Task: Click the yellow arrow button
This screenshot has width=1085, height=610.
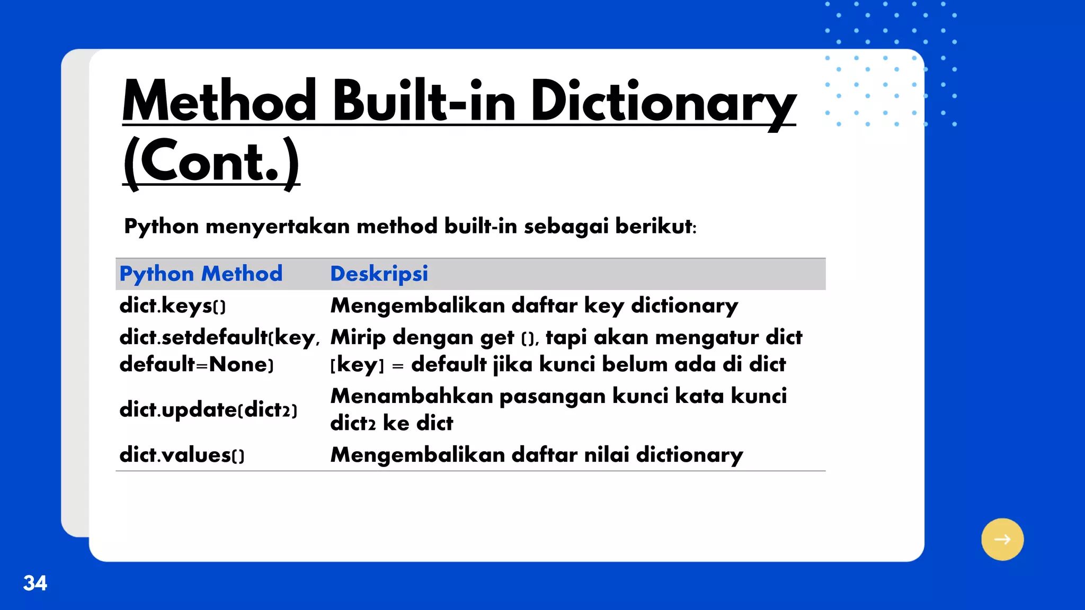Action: tap(1002, 539)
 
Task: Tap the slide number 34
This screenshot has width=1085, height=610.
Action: tap(35, 583)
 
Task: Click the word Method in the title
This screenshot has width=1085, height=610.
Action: tap(219, 101)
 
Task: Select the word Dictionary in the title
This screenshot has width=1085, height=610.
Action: tap(663, 102)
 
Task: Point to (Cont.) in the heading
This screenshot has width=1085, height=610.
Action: tap(211, 162)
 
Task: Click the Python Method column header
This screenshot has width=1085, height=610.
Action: tap(201, 274)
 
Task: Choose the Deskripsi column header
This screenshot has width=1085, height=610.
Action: tap(379, 274)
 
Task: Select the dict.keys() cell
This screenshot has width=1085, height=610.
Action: tap(173, 306)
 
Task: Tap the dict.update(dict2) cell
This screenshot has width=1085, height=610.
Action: tap(208, 409)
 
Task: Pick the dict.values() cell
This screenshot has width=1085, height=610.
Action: tap(182, 455)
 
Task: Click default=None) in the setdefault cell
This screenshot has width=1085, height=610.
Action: tap(197, 364)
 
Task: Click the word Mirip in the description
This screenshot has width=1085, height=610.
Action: tap(358, 337)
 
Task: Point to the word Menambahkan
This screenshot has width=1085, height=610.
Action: tap(412, 396)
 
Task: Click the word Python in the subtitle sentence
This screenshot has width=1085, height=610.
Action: tap(161, 226)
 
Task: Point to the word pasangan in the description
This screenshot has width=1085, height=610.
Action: tap(552, 396)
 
